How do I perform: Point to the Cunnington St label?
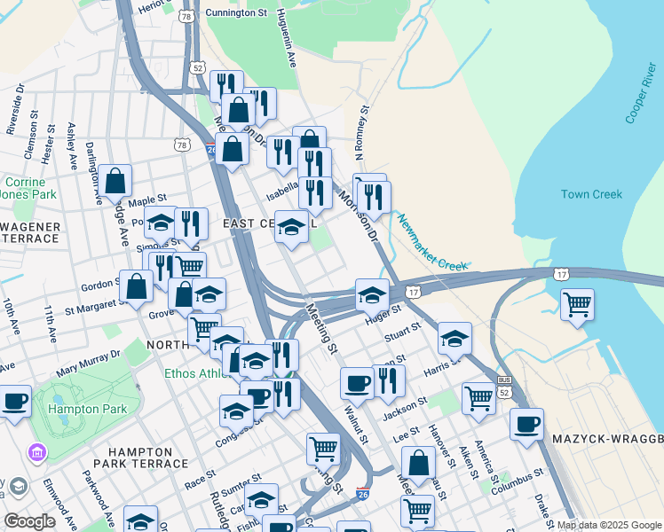tap(236, 13)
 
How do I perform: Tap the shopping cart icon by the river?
tap(578, 304)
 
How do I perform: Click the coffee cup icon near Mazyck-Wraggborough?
tap(526, 424)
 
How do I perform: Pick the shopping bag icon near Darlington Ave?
tap(115, 181)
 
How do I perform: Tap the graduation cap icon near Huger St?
tap(372, 294)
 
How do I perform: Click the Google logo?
tap(29, 521)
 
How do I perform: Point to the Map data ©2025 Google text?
tap(610, 525)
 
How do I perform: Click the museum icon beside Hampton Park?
tap(37, 454)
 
